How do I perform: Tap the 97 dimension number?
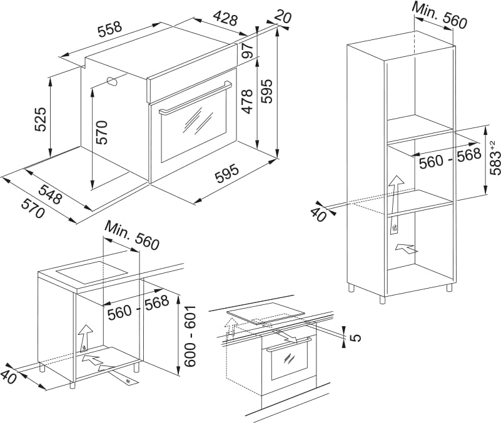248,51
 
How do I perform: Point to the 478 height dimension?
248,102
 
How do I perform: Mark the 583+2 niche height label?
494,158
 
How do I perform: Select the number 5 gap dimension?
356,337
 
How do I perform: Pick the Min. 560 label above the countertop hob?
133,235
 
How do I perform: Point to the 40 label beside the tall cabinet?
319,214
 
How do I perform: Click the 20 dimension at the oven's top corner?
283,17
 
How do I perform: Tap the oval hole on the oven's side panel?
113,81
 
